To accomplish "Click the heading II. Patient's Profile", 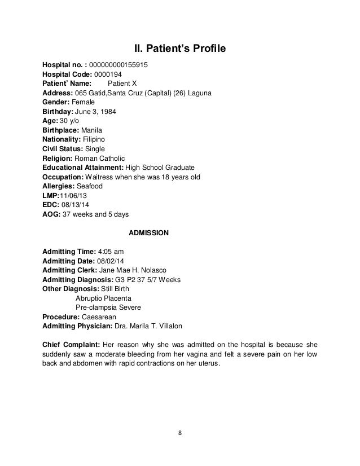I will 179,49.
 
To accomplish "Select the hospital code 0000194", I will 107,74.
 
